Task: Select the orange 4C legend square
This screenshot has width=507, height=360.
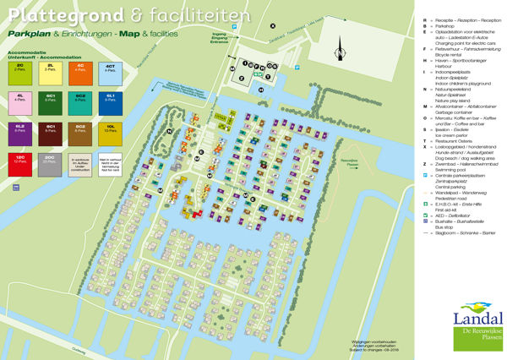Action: [80, 72]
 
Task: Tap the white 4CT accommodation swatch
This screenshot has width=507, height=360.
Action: [111, 72]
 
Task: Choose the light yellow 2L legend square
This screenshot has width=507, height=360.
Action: [50, 72]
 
